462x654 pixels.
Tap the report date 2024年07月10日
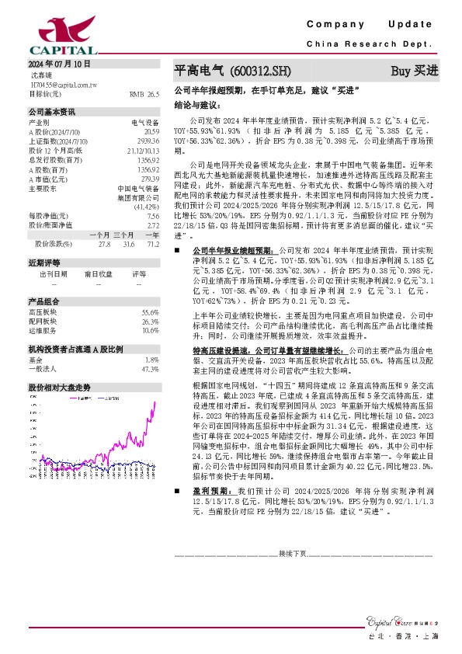tap(61, 63)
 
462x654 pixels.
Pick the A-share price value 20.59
tap(151, 132)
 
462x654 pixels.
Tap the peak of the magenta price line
tap(155, 402)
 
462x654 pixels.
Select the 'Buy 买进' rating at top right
tap(414, 71)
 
